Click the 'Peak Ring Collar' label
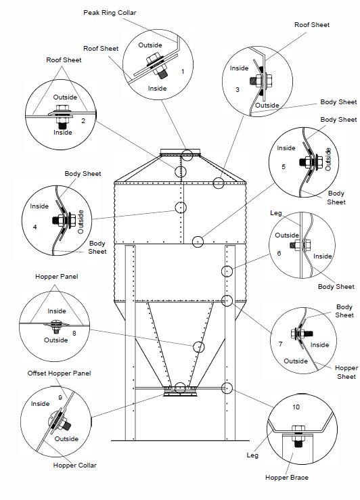point(110,13)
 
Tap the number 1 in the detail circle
point(183,72)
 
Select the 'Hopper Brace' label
point(287,478)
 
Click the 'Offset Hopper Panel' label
point(59,373)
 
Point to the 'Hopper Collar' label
point(74,465)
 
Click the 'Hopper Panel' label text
point(56,277)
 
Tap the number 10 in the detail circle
point(296,407)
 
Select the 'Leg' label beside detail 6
point(276,212)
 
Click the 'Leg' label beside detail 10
point(252,455)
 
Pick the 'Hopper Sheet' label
point(346,372)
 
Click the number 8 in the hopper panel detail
point(74,334)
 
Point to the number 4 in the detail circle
point(35,227)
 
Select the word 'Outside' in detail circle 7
point(296,361)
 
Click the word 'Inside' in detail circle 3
point(239,68)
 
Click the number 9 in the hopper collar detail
point(60,398)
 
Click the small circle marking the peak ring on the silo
point(187,156)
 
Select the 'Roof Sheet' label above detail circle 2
point(64,60)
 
